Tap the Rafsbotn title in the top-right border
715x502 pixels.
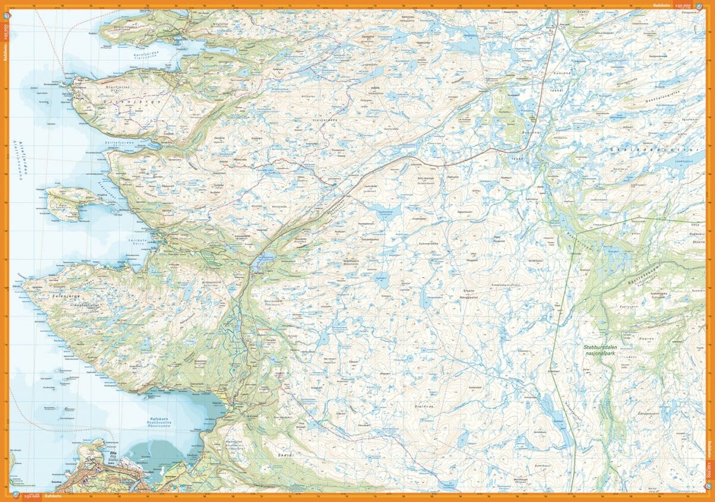660,5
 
